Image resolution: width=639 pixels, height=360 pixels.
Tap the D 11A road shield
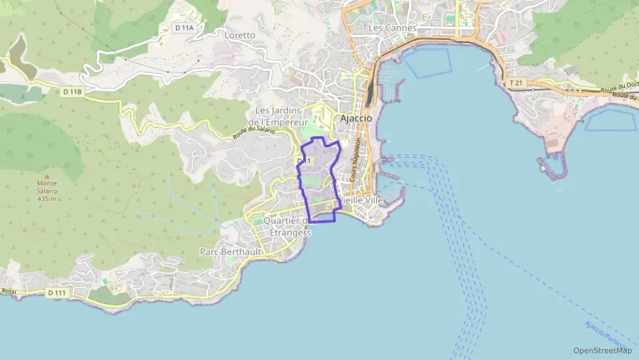point(184,28)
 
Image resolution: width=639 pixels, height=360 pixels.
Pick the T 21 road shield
point(515,83)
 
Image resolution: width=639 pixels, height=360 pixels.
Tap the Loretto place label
point(240,36)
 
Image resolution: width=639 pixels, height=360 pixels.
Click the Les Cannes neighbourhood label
point(392,28)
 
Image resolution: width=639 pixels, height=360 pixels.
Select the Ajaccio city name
point(356,117)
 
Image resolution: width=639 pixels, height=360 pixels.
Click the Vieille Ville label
point(362,201)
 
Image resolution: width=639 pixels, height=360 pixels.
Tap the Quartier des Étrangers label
point(287,226)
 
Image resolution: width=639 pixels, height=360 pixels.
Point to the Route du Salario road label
point(253,130)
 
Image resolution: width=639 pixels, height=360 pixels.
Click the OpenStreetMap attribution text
point(602,350)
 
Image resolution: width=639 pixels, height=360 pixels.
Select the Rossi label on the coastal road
point(8,292)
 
